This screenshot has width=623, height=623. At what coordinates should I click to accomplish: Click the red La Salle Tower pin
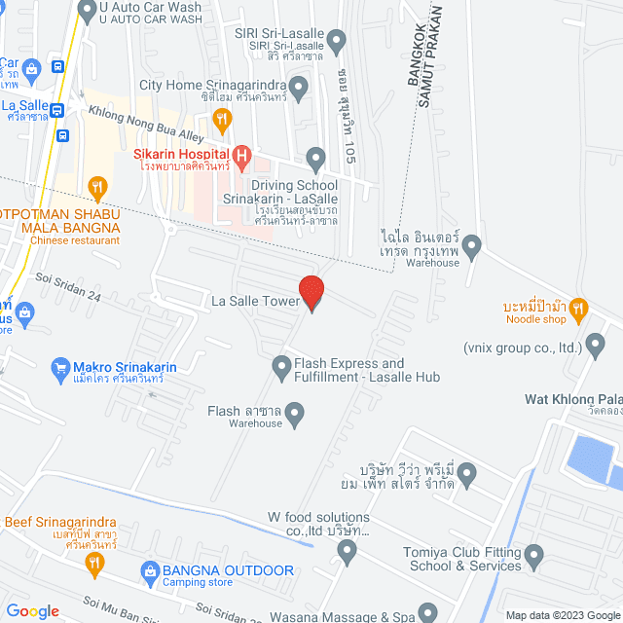click(x=311, y=293)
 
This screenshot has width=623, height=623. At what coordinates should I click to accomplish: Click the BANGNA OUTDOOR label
click(x=229, y=569)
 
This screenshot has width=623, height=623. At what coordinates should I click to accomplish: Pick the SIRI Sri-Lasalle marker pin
click(x=337, y=42)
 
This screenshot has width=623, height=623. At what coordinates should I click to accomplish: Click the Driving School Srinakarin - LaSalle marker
click(x=315, y=158)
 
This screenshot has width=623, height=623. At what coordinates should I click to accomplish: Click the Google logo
click(x=32, y=611)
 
